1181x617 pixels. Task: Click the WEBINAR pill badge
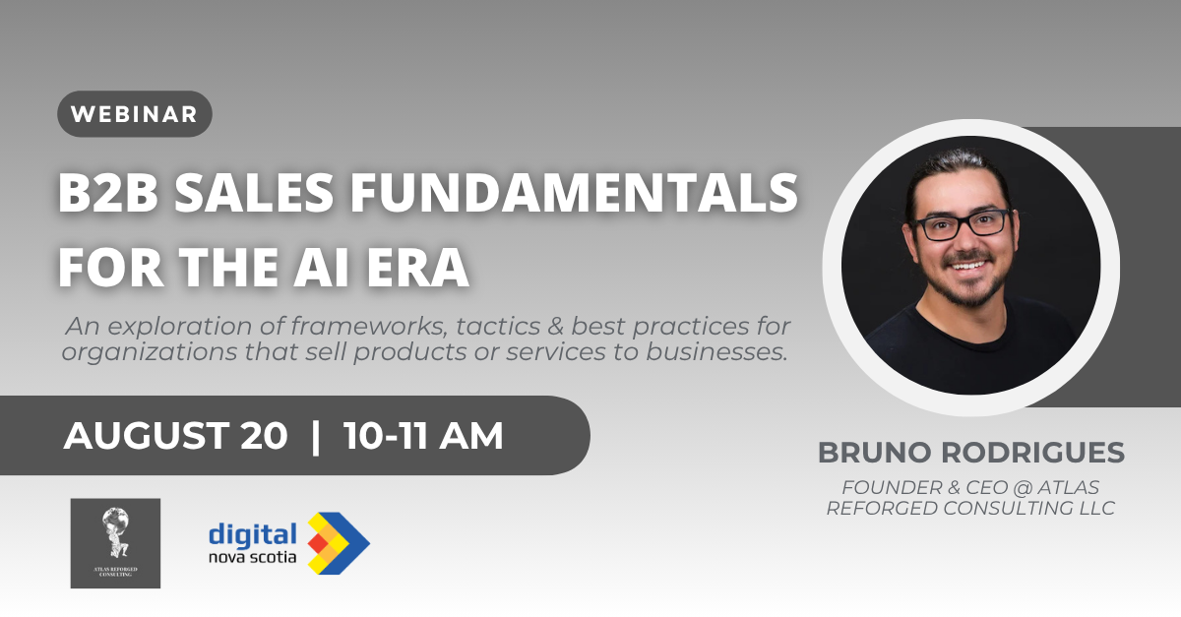pos(135,114)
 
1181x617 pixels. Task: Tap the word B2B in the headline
pos(108,192)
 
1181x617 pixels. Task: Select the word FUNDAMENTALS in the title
pos(574,192)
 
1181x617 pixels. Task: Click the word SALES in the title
pos(254,192)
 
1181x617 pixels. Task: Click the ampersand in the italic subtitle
pos(555,326)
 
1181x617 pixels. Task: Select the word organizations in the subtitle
pos(150,352)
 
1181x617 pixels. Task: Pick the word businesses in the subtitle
pos(717,352)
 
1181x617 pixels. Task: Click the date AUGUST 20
pos(175,436)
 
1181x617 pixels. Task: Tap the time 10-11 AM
pos(423,436)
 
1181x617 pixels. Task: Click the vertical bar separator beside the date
pos(316,436)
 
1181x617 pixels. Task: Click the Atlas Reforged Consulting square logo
pos(115,543)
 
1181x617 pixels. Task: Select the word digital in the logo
pos(253,534)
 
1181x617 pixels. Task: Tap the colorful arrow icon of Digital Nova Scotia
pos(339,543)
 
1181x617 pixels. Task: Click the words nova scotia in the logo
pos(253,557)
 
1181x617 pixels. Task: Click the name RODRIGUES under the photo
pos(1032,453)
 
